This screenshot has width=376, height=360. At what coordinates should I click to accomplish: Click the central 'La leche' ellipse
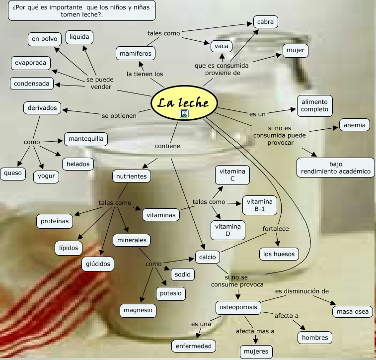(184, 103)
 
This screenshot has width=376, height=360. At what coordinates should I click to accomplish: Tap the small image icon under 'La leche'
(184, 114)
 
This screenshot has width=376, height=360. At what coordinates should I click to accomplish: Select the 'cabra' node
(265, 22)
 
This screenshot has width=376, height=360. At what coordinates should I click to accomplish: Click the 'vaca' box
(222, 46)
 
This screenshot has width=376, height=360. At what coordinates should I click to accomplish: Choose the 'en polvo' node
(44, 39)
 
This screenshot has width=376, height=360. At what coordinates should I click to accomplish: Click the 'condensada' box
(32, 84)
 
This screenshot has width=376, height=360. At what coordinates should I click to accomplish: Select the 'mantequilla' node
(86, 139)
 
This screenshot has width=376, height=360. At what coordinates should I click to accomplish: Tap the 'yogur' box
(46, 177)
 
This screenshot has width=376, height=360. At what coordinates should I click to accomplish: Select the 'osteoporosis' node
(238, 307)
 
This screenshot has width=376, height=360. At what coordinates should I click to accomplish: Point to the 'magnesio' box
(138, 310)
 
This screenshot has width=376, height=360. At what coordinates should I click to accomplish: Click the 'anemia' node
(354, 125)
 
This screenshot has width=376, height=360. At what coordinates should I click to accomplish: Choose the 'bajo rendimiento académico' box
(335, 168)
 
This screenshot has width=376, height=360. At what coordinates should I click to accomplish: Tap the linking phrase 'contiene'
(167, 146)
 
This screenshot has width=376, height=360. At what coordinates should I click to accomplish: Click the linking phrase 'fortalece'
(276, 229)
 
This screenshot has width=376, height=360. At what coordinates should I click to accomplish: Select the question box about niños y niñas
(81, 10)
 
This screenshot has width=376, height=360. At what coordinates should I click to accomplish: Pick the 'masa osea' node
(352, 312)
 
